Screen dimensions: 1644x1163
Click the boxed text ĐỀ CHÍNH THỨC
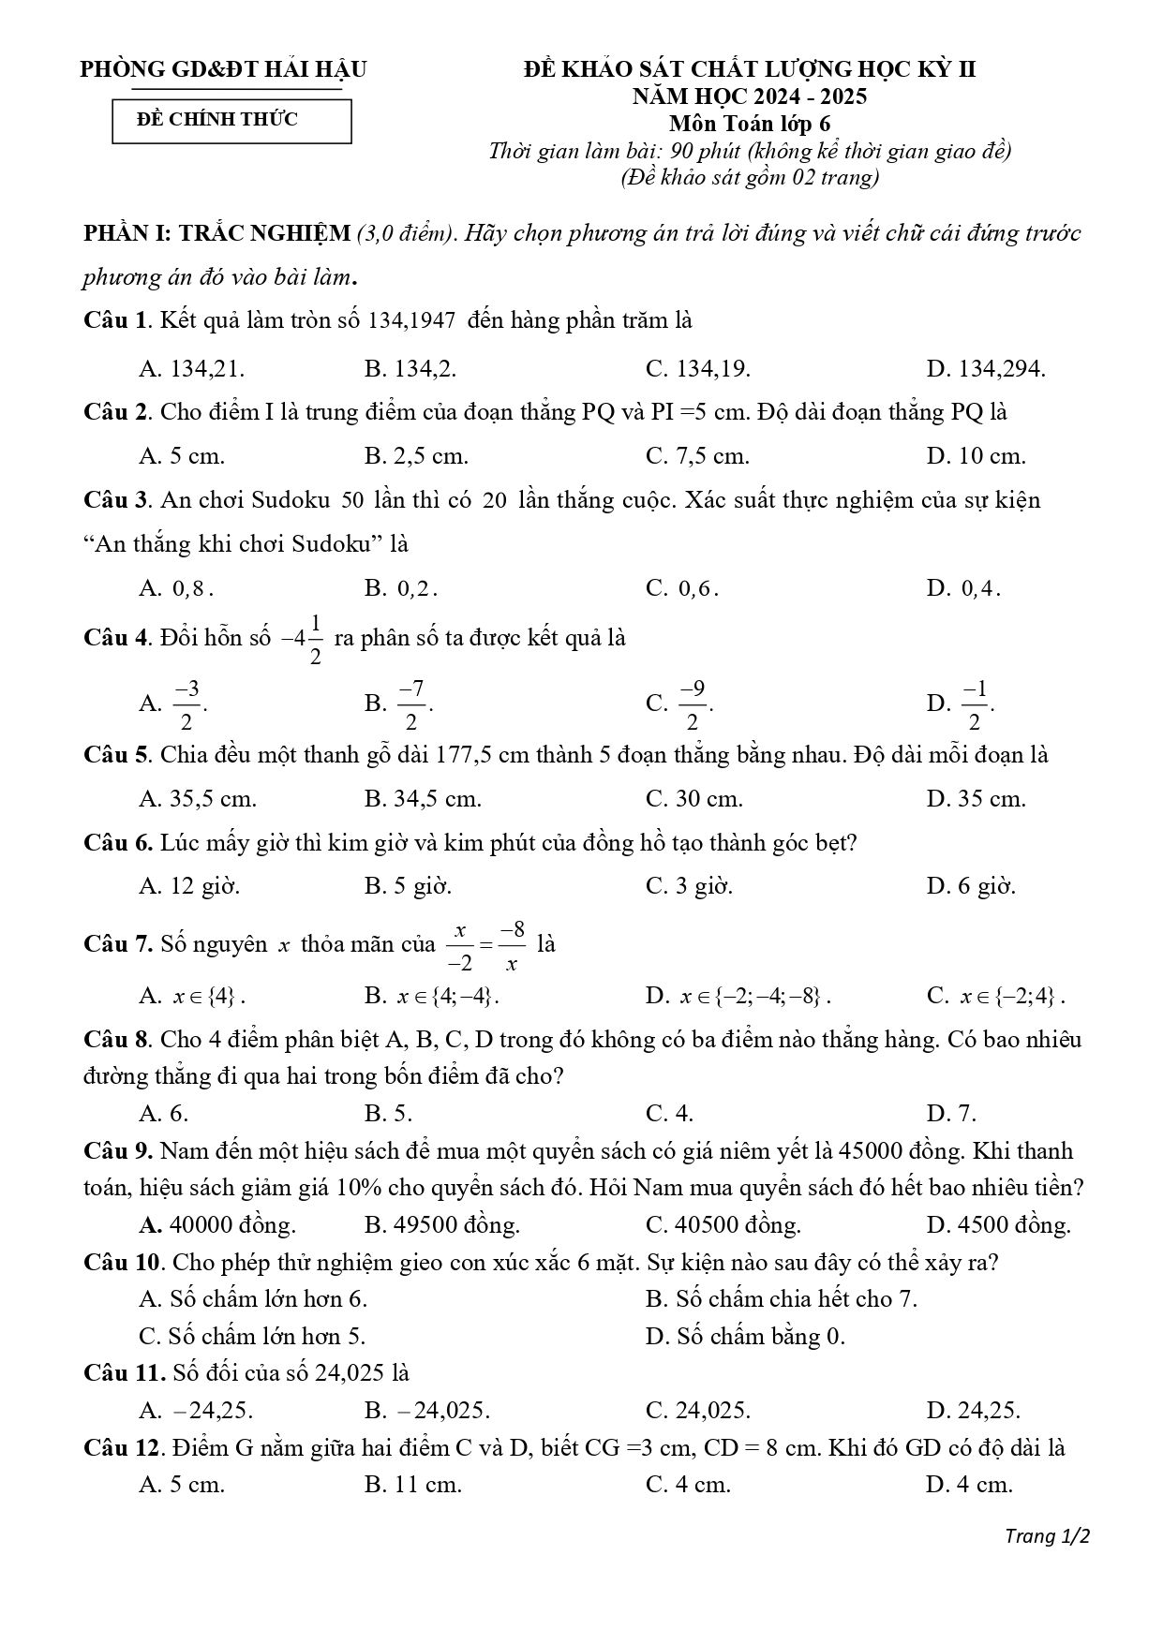(217, 120)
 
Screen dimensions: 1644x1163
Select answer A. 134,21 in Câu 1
(192, 369)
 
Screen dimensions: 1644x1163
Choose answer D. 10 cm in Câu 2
(976, 457)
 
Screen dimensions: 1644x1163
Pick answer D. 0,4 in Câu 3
(963, 589)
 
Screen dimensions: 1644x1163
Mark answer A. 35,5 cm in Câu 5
(198, 800)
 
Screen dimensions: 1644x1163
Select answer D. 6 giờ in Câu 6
(971, 886)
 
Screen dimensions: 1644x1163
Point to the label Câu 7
(117, 944)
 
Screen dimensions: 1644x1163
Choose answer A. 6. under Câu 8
(164, 1114)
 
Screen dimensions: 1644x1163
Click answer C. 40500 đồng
(723, 1225)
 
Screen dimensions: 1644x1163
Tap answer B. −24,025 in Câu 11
(427, 1411)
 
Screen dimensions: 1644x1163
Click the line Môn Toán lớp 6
(749, 124)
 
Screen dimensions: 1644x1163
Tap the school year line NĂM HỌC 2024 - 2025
(749, 96)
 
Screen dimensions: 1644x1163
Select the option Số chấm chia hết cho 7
(781, 1299)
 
